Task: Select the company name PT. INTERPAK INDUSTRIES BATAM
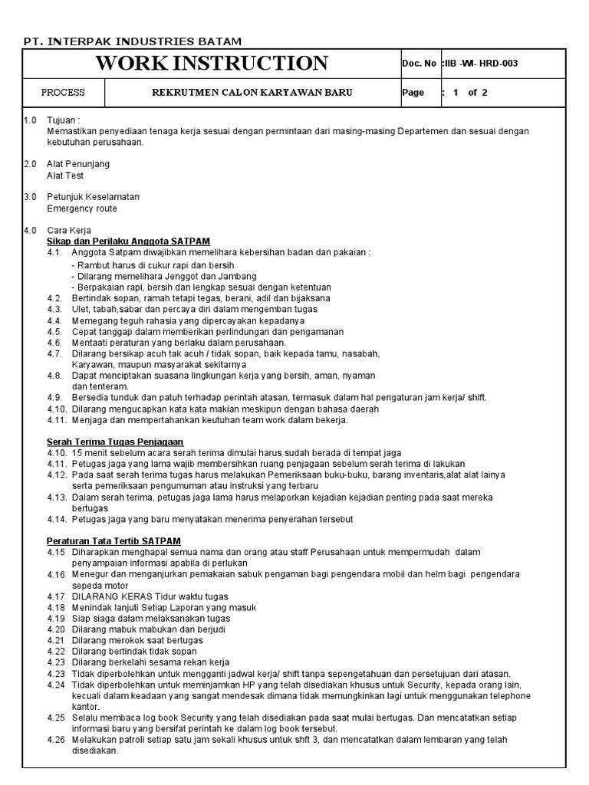[132, 41]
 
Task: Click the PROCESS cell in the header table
[63, 93]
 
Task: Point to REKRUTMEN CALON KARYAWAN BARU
[252, 93]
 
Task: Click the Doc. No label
[419, 63]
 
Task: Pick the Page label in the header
[413, 93]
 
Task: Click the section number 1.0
[31, 120]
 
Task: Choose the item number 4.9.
[54, 397]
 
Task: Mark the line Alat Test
[65, 176]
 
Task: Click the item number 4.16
[55, 574]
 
